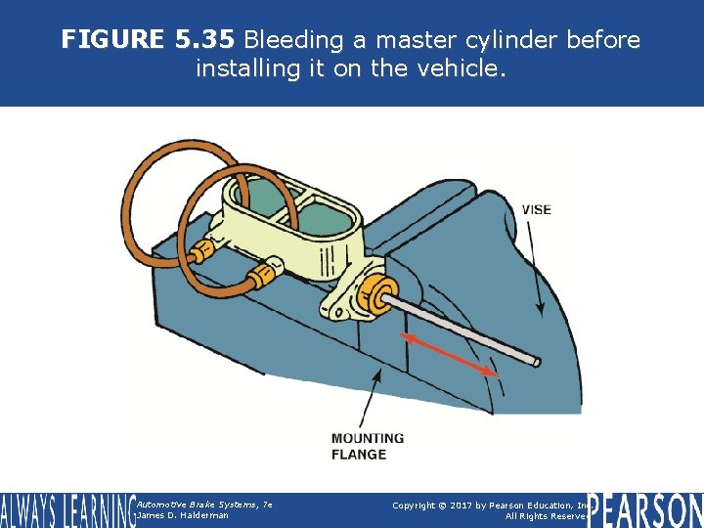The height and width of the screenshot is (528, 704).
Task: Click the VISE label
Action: (x=536, y=210)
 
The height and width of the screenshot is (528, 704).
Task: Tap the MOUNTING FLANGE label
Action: (x=367, y=446)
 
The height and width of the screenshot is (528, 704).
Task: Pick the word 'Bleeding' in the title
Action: (x=290, y=40)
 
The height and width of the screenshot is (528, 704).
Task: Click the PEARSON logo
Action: (x=644, y=509)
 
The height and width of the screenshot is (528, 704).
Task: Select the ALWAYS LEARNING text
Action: (x=66, y=510)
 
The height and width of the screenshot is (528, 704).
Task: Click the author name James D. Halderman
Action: (x=183, y=515)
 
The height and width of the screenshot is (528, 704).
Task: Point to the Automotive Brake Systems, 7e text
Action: (x=203, y=504)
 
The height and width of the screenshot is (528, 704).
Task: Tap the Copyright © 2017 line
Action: (x=489, y=505)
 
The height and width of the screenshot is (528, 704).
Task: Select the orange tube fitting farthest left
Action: (x=202, y=253)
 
